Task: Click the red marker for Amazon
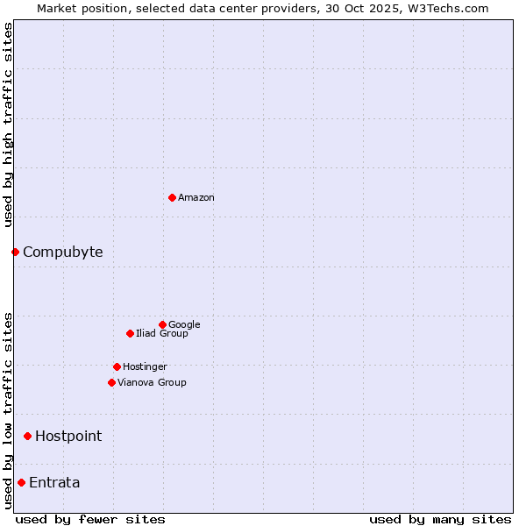click(172, 197)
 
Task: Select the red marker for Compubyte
click(15, 252)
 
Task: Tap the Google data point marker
click(162, 324)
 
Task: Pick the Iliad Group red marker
click(130, 333)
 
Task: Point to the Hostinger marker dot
click(117, 366)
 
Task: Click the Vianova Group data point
click(111, 382)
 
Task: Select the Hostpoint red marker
click(27, 436)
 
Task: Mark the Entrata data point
click(21, 482)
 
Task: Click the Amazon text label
click(196, 197)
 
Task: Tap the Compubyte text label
click(62, 252)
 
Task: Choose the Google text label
click(184, 324)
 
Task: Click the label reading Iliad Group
click(162, 333)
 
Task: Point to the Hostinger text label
click(145, 366)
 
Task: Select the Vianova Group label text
click(152, 382)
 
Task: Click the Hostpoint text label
click(68, 436)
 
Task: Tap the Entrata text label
click(54, 482)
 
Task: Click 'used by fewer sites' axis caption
click(90, 519)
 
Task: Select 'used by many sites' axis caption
click(440, 519)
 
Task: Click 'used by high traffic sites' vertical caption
click(8, 124)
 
